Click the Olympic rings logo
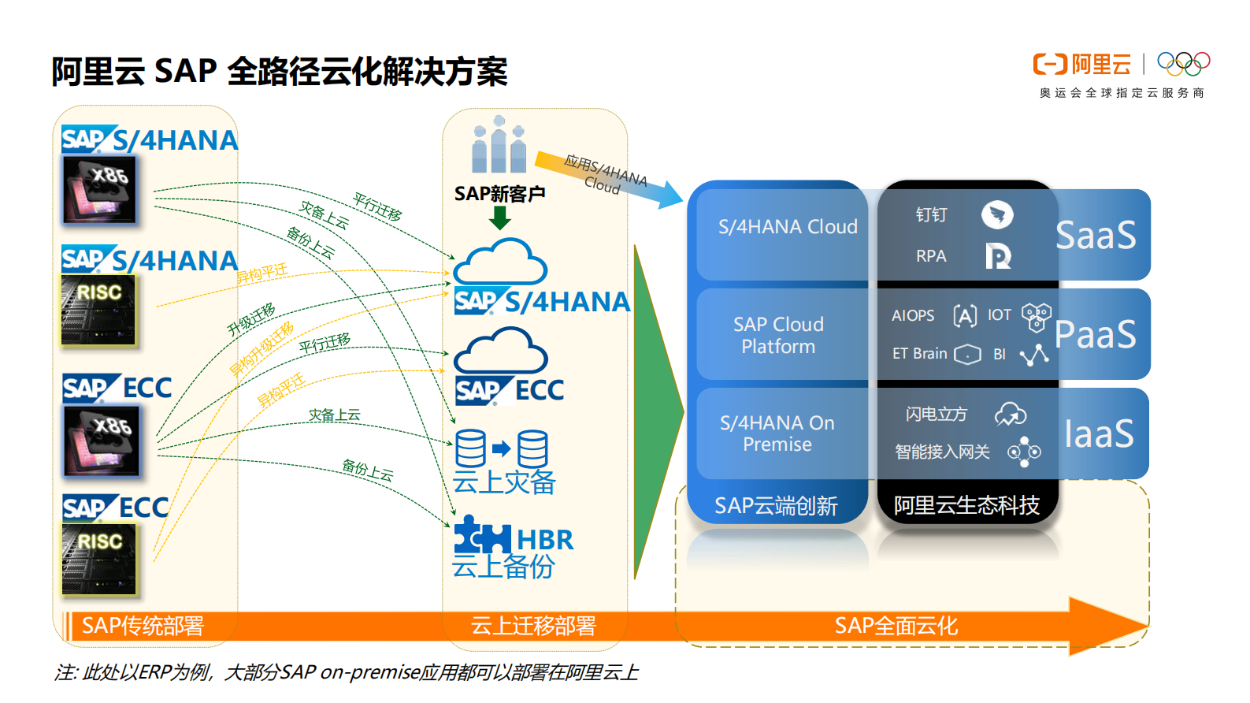tap(1183, 63)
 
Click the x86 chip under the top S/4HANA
tap(100, 189)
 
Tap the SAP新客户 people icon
tap(499, 146)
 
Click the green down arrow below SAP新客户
tap(499, 218)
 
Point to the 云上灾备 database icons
tap(502, 449)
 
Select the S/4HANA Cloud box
tap(787, 227)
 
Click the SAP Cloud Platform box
tap(778, 335)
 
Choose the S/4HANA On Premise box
tap(777, 433)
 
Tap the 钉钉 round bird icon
tap(997, 214)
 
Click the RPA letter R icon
tap(998, 256)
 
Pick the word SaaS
tap(1096, 235)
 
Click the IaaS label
tap(1099, 433)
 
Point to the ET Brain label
tap(919, 354)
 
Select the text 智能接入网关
tap(942, 452)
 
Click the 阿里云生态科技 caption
tap(966, 505)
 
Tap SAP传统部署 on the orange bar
tap(143, 626)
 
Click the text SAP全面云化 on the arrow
tap(896, 626)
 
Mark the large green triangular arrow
tap(655, 410)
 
